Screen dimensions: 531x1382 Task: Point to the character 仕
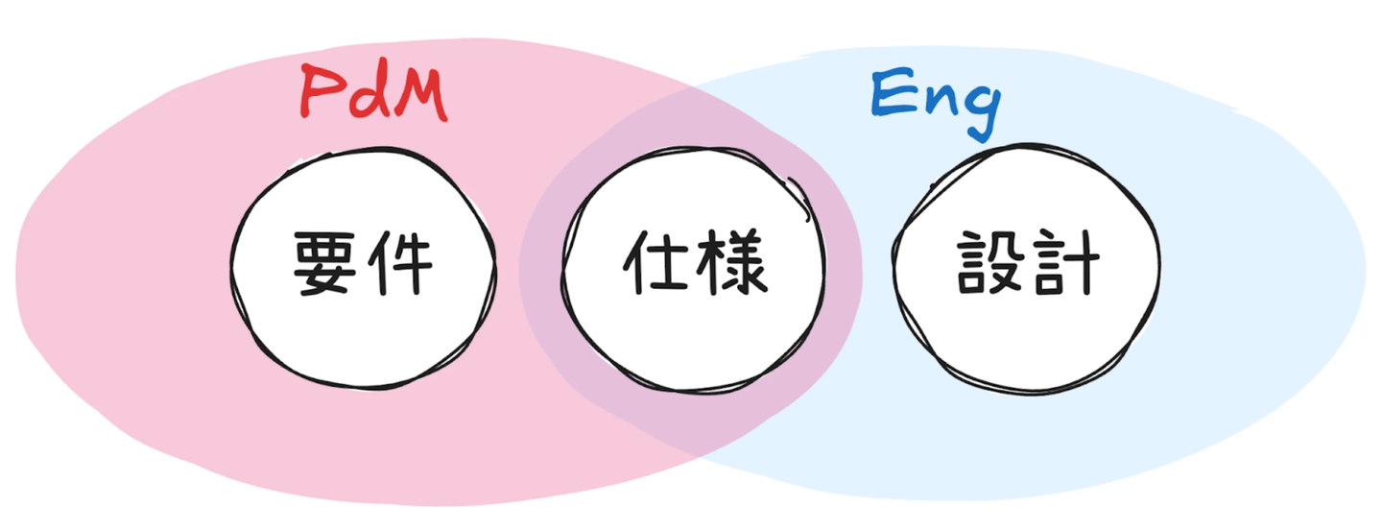coord(656,265)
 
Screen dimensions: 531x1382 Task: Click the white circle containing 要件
coord(363,326)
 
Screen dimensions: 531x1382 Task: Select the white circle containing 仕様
coord(693,331)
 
